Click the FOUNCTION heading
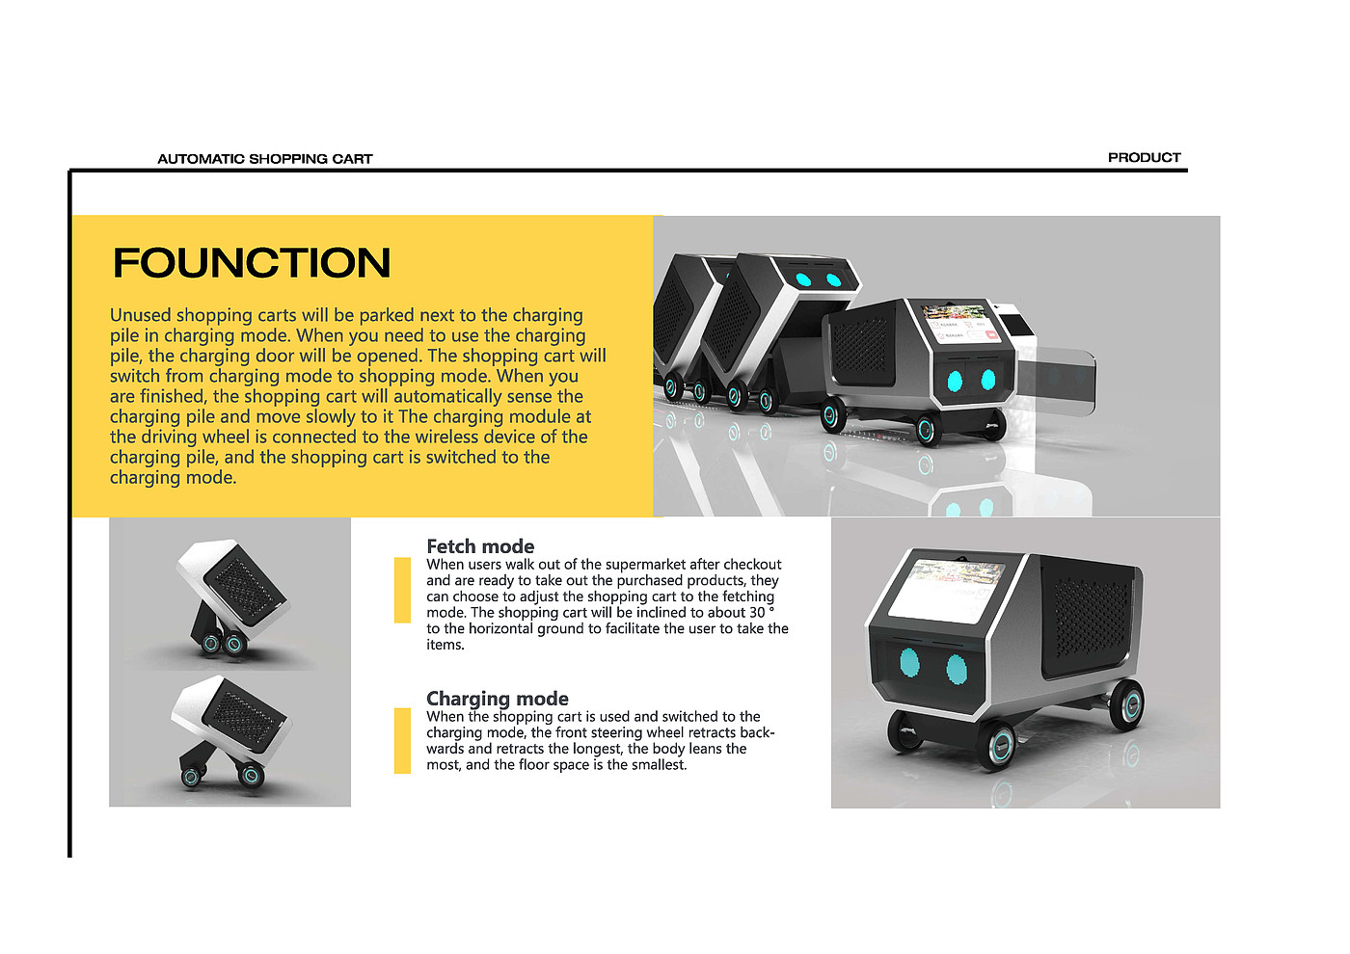pyautogui.click(x=252, y=263)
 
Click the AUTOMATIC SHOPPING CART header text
pyautogui.click(x=265, y=159)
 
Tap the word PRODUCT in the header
pyautogui.click(x=1144, y=157)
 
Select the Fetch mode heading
pyautogui.click(x=480, y=546)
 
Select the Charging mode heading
pyautogui.click(x=498, y=699)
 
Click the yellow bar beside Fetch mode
pyautogui.click(x=403, y=590)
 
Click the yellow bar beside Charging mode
pyautogui.click(x=403, y=740)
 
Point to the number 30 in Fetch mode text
pyautogui.click(x=757, y=613)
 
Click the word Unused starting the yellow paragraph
pyautogui.click(x=140, y=315)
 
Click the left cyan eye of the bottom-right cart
pyautogui.click(x=909, y=663)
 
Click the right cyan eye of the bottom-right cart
pyautogui.click(x=957, y=668)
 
